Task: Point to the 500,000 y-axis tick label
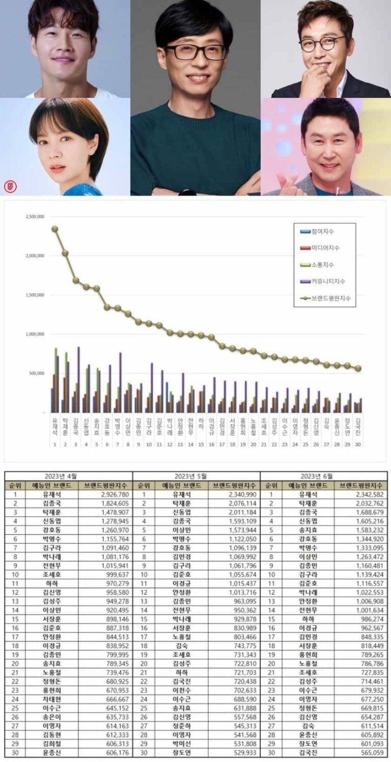tap(35, 373)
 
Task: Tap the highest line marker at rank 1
tap(54, 229)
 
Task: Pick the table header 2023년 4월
tap(68, 476)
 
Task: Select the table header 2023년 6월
tap(323, 476)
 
